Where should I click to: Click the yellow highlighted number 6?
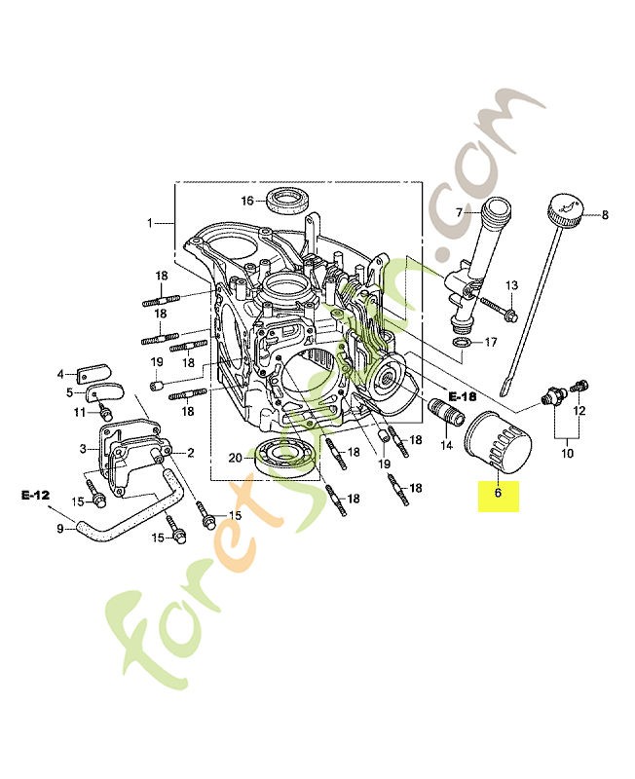tap(498, 494)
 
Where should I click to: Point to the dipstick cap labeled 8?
tap(564, 208)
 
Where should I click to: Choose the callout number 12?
tap(579, 411)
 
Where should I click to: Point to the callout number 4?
tap(60, 374)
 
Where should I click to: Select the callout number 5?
tap(70, 392)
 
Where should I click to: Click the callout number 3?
tap(84, 449)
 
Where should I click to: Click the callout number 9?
tap(59, 528)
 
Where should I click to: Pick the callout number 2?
tap(190, 453)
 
